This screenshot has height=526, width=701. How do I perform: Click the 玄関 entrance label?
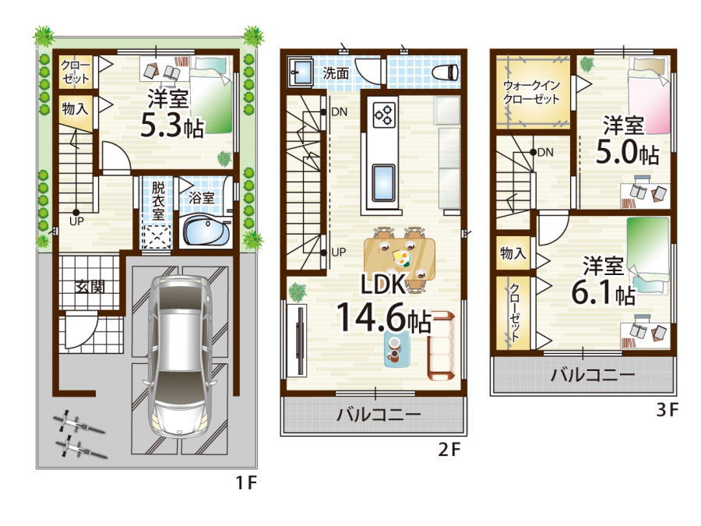(x=90, y=287)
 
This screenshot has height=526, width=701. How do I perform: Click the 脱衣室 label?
(x=158, y=200)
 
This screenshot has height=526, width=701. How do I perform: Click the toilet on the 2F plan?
(x=445, y=72)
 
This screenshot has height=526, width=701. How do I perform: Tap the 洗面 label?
(x=336, y=73)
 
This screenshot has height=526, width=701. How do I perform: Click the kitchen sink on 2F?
(x=383, y=183)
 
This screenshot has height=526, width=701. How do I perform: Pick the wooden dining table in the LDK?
(x=400, y=259)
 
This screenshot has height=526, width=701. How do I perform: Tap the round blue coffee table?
(x=397, y=350)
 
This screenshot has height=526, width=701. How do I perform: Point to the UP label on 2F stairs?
(x=339, y=252)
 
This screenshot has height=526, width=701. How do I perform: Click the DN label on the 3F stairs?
(x=545, y=153)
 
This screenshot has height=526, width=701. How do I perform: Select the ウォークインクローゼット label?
(x=531, y=92)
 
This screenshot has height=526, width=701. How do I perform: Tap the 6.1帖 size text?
(x=603, y=294)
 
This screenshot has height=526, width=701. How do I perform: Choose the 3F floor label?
(x=668, y=410)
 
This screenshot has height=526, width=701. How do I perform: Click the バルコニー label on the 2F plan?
(x=379, y=415)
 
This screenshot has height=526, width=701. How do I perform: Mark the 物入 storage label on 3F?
(x=513, y=253)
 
